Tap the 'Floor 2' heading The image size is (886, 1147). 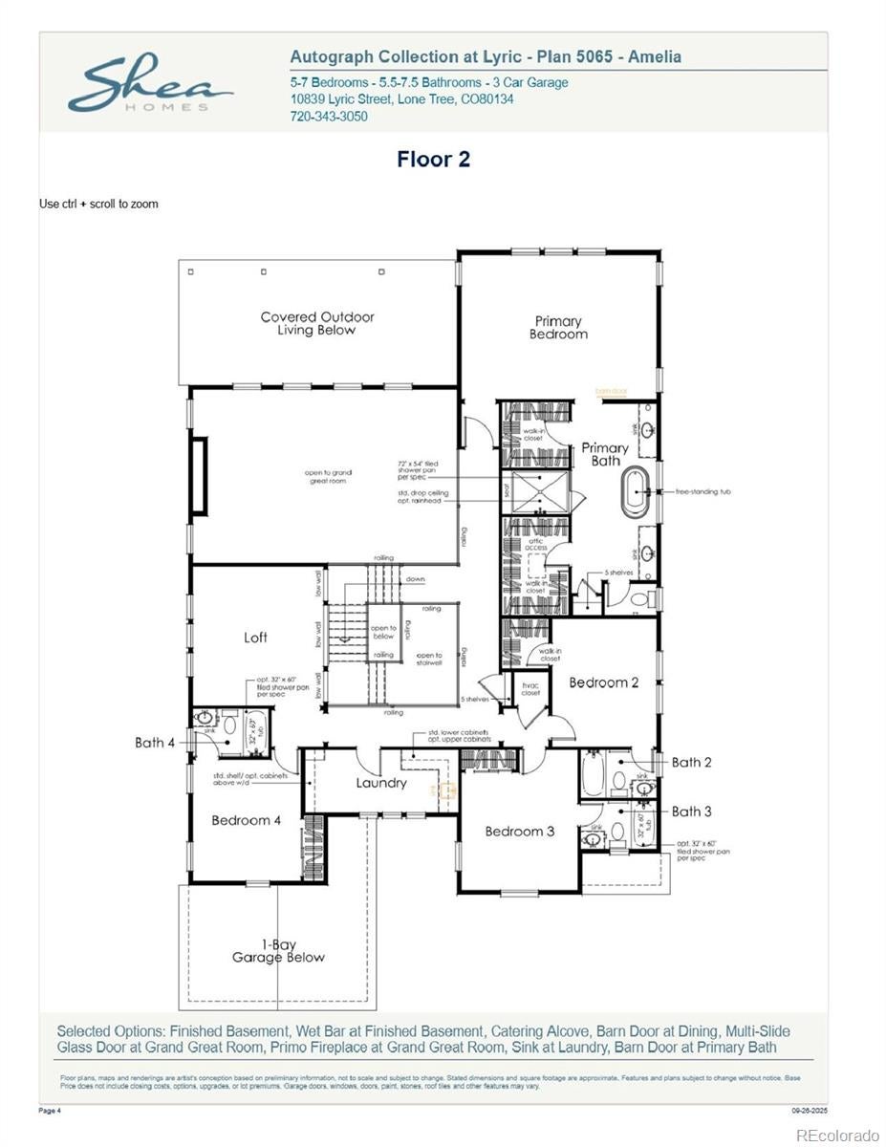pos(434,159)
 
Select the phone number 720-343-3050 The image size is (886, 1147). pos(328,117)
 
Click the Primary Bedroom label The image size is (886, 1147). pos(559,328)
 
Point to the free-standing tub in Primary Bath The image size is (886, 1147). pos(637,492)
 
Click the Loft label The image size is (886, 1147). pos(255,638)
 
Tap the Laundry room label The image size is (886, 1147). pos(381,783)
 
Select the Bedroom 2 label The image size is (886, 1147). pos(604,682)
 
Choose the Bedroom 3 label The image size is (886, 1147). pos(519,832)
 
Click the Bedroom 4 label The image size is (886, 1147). pos(247,820)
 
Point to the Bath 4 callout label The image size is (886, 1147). pos(155,742)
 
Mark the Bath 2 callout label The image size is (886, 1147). pos(691,762)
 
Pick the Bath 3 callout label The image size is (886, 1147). pos(691,812)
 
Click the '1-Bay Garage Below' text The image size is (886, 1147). pos(278,951)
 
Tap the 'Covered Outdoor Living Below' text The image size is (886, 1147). pos(317,323)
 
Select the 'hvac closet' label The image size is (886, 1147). pos(530,689)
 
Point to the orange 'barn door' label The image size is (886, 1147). pos(611,391)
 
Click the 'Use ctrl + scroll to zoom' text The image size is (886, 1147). pos(98,204)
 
